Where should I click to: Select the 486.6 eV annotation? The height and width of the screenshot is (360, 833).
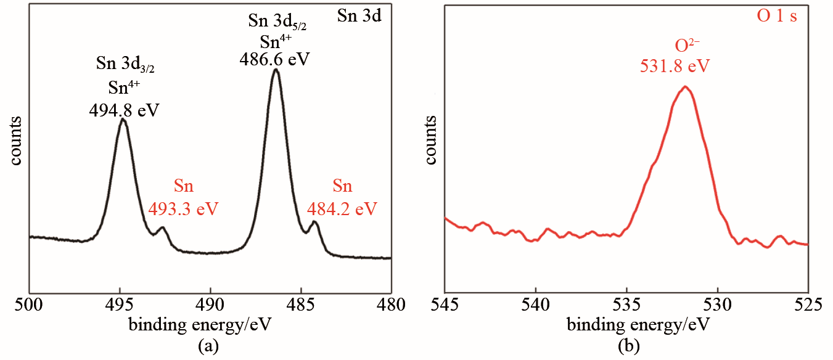(x=274, y=60)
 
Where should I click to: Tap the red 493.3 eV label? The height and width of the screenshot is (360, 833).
(x=184, y=208)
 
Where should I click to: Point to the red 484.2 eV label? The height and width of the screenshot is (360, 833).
(x=342, y=208)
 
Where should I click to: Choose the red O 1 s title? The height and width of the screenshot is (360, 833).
(x=777, y=16)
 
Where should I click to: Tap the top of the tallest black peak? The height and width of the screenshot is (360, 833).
(x=276, y=70)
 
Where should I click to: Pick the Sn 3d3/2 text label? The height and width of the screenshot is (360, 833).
(x=124, y=63)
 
